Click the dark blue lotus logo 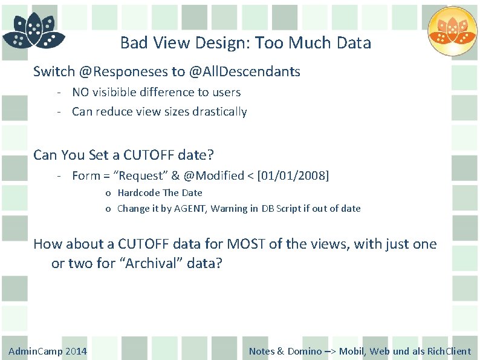[x=34, y=32]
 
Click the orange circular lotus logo [x=452, y=31]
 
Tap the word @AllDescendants [x=244, y=71]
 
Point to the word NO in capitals [x=80, y=92]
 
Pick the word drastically [x=218, y=111]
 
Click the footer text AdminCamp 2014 [x=48, y=351]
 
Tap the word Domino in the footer [x=304, y=351]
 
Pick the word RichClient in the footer [x=449, y=351]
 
